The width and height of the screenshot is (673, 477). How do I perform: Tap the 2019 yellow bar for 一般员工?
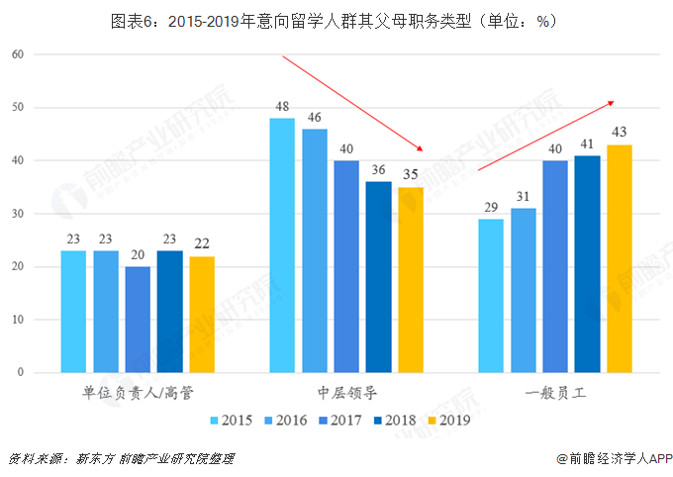click(x=620, y=259)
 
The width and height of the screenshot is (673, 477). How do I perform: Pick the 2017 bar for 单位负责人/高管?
click(x=138, y=320)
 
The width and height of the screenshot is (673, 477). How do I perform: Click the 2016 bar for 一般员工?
click(x=524, y=291)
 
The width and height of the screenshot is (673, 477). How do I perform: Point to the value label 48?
click(x=282, y=106)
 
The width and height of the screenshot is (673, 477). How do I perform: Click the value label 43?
click(x=620, y=133)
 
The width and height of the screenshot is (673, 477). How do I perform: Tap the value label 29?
click(x=491, y=207)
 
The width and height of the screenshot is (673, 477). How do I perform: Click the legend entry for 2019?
click(x=446, y=420)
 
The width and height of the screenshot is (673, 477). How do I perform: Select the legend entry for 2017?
click(x=339, y=420)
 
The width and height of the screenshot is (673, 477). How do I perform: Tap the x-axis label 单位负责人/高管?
click(x=138, y=392)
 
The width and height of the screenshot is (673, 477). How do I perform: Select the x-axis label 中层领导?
click(x=346, y=392)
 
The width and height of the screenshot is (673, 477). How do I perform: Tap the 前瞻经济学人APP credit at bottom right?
click(x=614, y=458)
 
